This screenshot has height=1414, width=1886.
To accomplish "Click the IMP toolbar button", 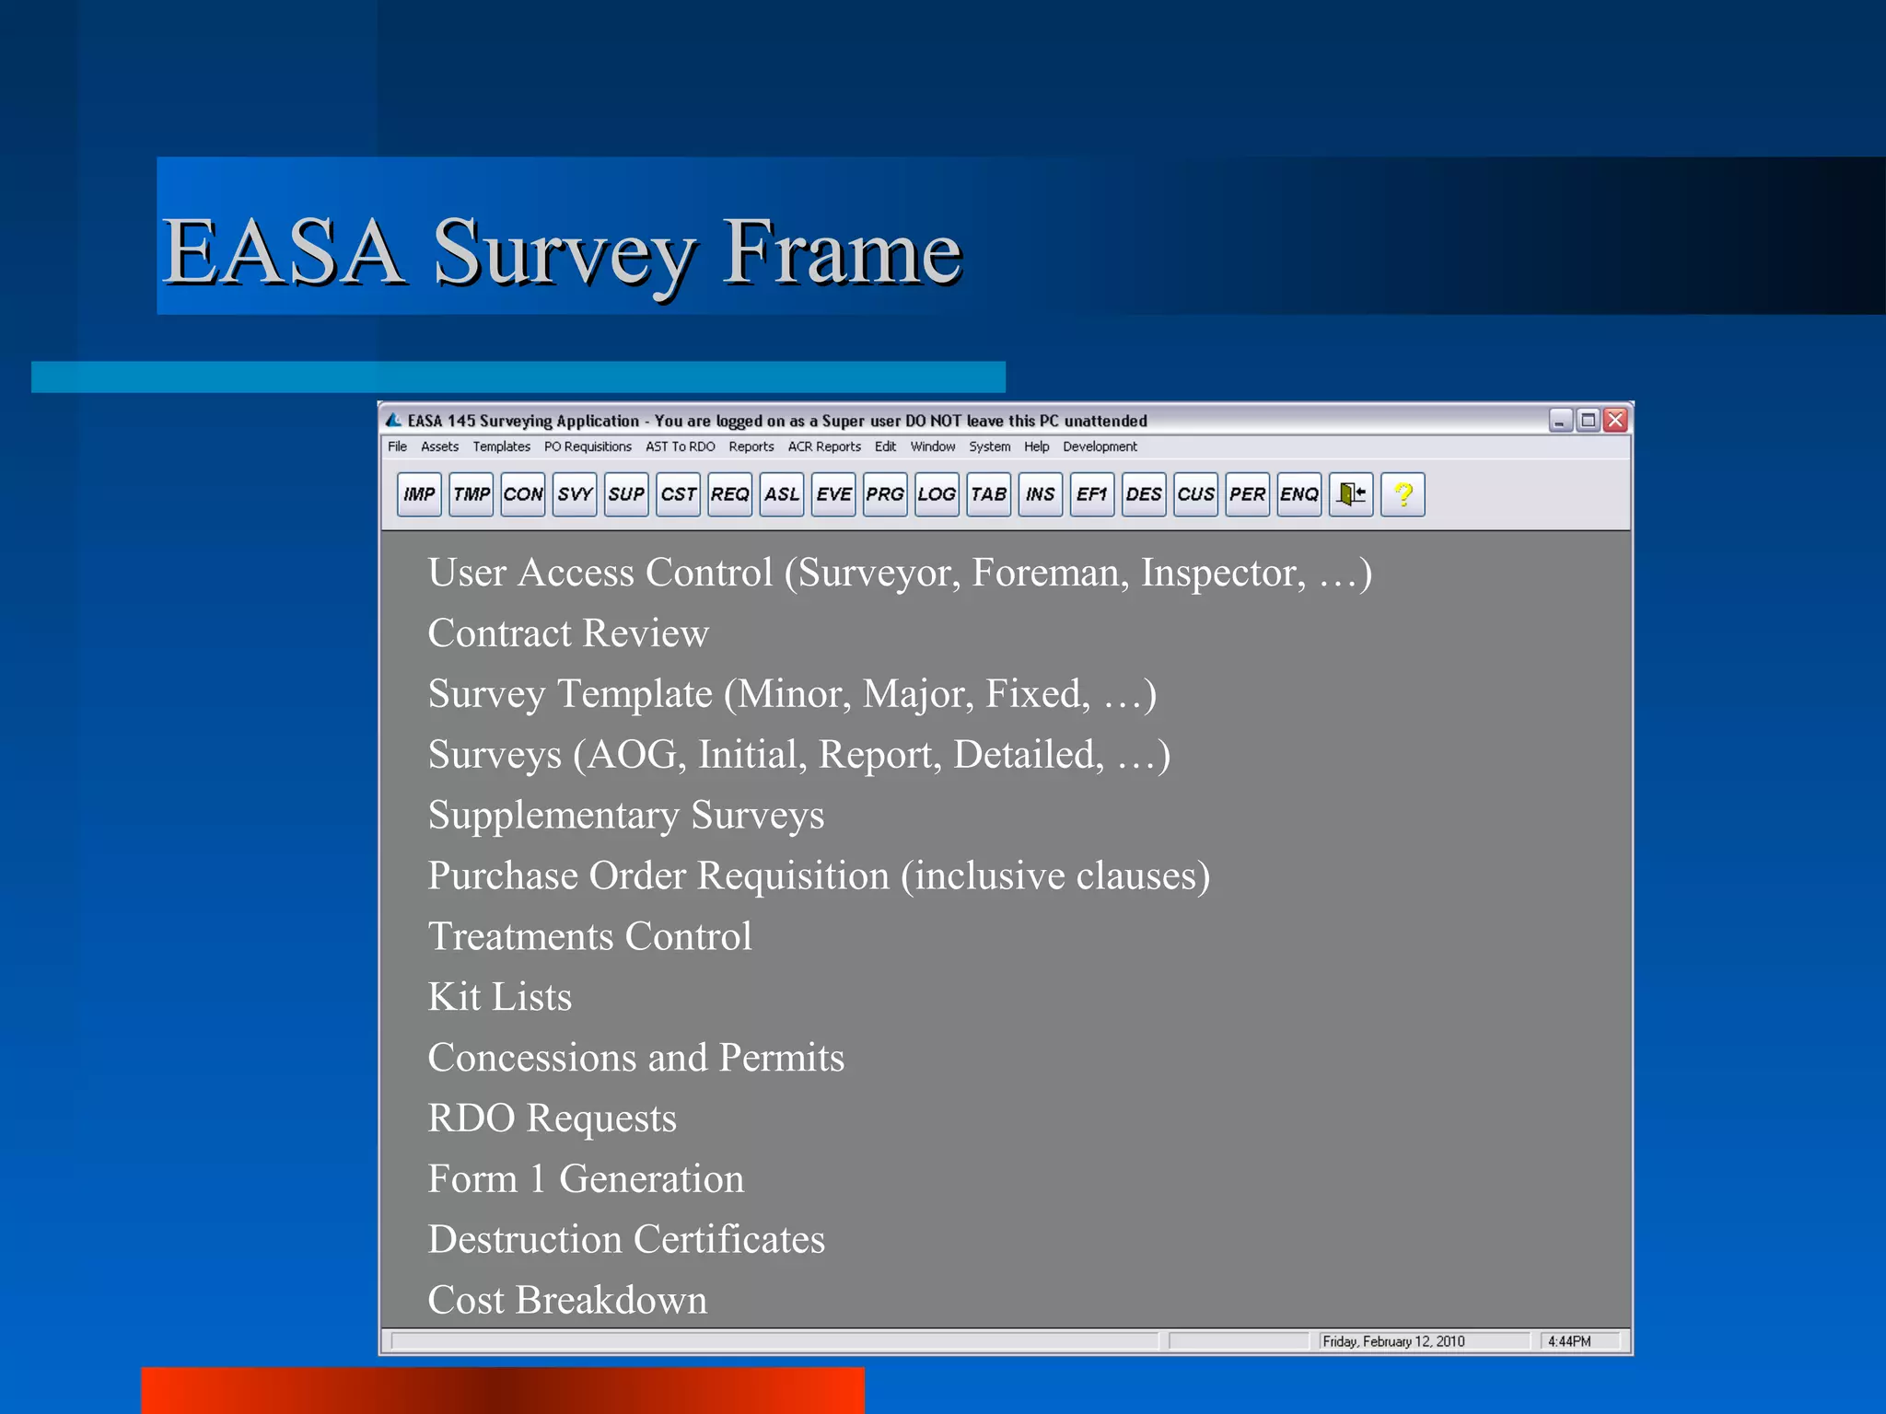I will (419, 494).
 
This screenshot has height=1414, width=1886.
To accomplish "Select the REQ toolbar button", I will (730, 494).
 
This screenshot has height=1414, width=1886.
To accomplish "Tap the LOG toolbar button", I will (937, 494).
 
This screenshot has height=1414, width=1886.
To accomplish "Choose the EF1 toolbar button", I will (1092, 494).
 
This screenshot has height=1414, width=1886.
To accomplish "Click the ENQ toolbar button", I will (1299, 494).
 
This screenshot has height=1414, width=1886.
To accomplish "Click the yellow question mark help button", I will (1403, 494).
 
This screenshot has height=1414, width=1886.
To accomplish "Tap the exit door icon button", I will (1351, 494).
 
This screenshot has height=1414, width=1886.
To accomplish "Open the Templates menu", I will (501, 446).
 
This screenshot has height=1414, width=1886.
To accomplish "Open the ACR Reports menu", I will (824, 446).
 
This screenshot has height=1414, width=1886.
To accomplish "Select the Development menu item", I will (1100, 446).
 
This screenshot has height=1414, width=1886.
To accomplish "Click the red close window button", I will (1615, 421).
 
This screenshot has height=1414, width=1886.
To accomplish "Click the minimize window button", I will (1560, 421).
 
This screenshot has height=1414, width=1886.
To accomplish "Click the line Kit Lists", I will (500, 997).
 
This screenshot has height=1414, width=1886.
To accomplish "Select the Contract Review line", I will (568, 633).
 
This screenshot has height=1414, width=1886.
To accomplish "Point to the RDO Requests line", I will (552, 1118).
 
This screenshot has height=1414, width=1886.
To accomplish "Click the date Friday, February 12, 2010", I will (1393, 1341).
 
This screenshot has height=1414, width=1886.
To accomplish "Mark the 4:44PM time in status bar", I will (1569, 1341).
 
